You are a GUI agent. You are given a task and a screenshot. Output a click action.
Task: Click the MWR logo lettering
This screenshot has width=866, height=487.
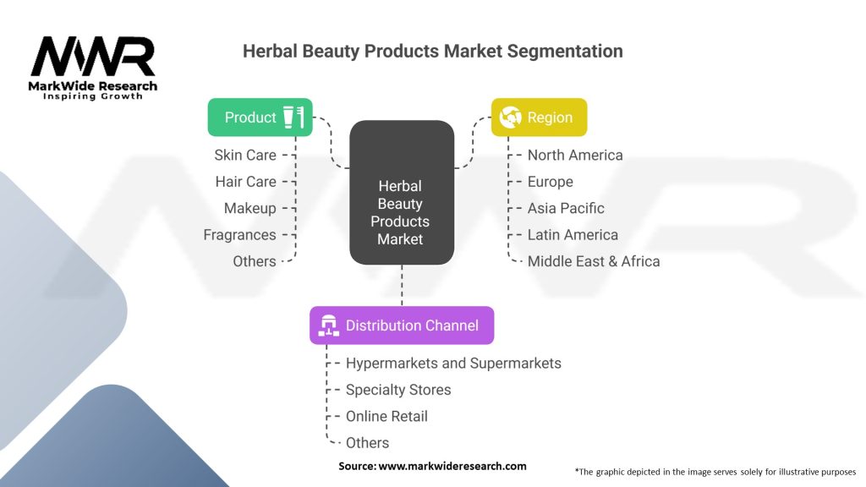[93, 57]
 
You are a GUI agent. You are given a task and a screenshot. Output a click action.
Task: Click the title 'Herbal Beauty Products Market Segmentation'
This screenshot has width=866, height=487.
[432, 51]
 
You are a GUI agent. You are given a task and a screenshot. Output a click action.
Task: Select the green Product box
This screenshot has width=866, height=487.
[260, 118]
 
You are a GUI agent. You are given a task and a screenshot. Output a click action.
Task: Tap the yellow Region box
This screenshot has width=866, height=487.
[539, 118]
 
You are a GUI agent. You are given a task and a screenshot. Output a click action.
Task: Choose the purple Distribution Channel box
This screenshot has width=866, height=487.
[402, 326]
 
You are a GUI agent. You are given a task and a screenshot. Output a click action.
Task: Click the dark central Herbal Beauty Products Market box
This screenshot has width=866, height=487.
[402, 192]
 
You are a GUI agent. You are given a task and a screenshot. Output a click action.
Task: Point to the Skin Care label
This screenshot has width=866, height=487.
[244, 155]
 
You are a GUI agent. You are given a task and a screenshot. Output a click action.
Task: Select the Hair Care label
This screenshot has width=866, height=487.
[245, 182]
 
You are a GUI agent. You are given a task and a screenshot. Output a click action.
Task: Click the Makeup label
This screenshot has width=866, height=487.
[249, 208]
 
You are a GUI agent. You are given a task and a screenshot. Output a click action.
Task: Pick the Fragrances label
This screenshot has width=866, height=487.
[239, 235]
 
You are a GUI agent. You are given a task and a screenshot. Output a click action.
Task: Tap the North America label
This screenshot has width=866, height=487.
[575, 155]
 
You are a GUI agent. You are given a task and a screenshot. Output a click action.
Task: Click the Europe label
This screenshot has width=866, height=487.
[550, 182]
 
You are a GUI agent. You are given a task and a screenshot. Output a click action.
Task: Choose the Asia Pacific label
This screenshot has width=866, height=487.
[566, 208]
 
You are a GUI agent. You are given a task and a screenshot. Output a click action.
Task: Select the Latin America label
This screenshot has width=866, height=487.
[573, 235]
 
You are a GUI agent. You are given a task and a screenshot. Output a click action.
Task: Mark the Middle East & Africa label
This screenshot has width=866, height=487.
[593, 261]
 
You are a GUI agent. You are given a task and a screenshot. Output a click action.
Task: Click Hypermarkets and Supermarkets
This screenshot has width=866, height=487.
[453, 363]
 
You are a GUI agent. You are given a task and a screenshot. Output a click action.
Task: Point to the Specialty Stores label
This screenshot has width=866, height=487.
[398, 390]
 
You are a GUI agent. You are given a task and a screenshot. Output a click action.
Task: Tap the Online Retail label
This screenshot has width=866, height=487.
[386, 416]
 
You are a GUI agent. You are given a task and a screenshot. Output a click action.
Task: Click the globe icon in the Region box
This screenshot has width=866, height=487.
[510, 118]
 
